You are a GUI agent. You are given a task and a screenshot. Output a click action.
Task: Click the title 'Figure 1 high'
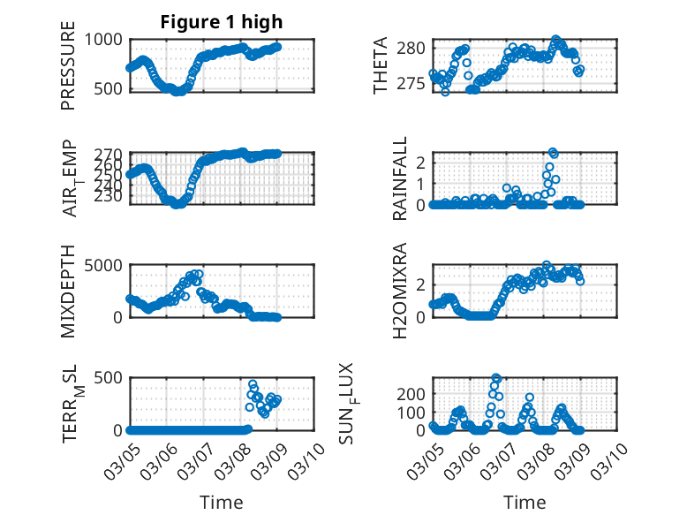[222, 22]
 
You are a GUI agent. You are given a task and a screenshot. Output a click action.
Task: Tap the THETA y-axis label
[381, 66]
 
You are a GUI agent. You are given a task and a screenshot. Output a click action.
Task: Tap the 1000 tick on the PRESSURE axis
[109, 40]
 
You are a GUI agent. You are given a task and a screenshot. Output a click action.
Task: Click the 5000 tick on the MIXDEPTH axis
[105, 265]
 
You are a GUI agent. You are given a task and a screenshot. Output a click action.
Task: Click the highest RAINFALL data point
[554, 153]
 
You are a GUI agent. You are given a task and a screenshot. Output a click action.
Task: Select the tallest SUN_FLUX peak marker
[496, 378]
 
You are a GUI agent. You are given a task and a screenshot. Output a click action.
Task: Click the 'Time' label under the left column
[222, 503]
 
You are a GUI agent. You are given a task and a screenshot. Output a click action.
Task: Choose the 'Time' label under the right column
[525, 503]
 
